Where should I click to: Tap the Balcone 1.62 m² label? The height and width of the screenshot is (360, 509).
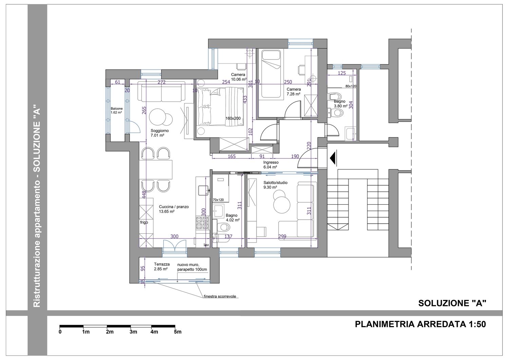pyautogui.click(x=117, y=111)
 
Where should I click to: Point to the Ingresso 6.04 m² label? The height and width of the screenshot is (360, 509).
pyautogui.click(x=271, y=165)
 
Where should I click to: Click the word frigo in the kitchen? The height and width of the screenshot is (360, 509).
pyautogui.click(x=144, y=222)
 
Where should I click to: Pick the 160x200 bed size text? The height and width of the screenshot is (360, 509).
pyautogui.click(x=233, y=118)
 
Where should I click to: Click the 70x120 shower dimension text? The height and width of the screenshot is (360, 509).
pyautogui.click(x=218, y=200)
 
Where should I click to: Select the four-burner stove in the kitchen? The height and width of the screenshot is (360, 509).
pyautogui.click(x=202, y=223)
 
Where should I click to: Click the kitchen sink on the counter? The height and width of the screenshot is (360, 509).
pyautogui.click(x=203, y=190)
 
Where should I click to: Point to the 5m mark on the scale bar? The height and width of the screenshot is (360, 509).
pyautogui.click(x=178, y=332)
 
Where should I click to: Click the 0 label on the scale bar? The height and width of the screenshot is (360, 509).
pyautogui.click(x=60, y=332)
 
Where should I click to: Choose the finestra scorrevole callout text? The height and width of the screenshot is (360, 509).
pyautogui.click(x=220, y=296)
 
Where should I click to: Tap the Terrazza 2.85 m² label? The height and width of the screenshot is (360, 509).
pyautogui.click(x=162, y=267)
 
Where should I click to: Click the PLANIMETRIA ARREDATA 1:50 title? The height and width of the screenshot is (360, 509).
pyautogui.click(x=420, y=324)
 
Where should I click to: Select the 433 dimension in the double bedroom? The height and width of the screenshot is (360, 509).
pyautogui.click(x=245, y=99)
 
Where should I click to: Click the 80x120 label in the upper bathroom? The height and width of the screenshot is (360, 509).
pyautogui.click(x=351, y=86)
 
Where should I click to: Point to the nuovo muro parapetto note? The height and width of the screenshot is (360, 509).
pyautogui.click(x=192, y=267)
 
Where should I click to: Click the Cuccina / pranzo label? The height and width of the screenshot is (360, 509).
pyautogui.click(x=174, y=209)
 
